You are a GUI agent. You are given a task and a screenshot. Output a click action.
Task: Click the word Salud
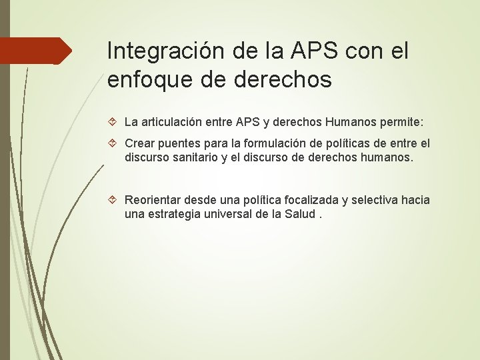point(299,215)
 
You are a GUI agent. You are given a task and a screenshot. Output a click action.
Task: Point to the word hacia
point(415,200)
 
